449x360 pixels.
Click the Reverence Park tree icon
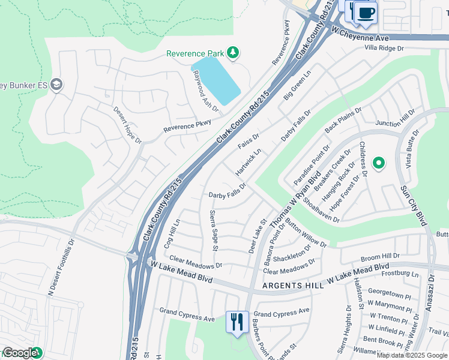coord(233,53)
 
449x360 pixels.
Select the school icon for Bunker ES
coord(57,83)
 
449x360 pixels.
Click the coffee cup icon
coord(365,13)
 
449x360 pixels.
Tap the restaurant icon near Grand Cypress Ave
coord(237,322)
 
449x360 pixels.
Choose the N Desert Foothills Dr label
coord(61,268)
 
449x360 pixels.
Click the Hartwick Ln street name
coord(249,163)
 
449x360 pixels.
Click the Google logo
coord(19,353)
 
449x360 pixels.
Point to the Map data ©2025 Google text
coord(412,355)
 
